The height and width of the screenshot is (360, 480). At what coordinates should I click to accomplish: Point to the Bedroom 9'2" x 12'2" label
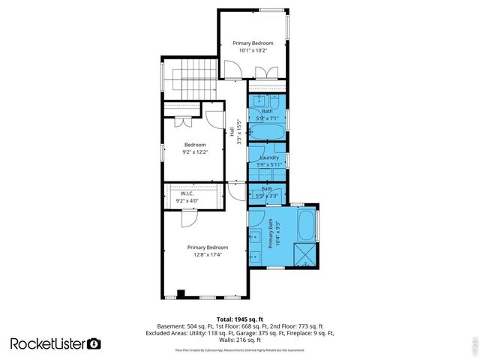click(194, 148)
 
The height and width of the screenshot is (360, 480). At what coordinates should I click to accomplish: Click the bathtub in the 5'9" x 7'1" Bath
click(266, 133)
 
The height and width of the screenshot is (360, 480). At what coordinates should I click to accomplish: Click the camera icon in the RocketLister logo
click(94, 343)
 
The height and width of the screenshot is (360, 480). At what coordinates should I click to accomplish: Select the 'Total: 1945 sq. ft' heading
click(239, 318)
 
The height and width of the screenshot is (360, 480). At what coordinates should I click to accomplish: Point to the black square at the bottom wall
click(181, 293)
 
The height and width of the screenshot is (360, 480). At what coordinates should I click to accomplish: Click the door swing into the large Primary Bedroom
click(188, 217)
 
